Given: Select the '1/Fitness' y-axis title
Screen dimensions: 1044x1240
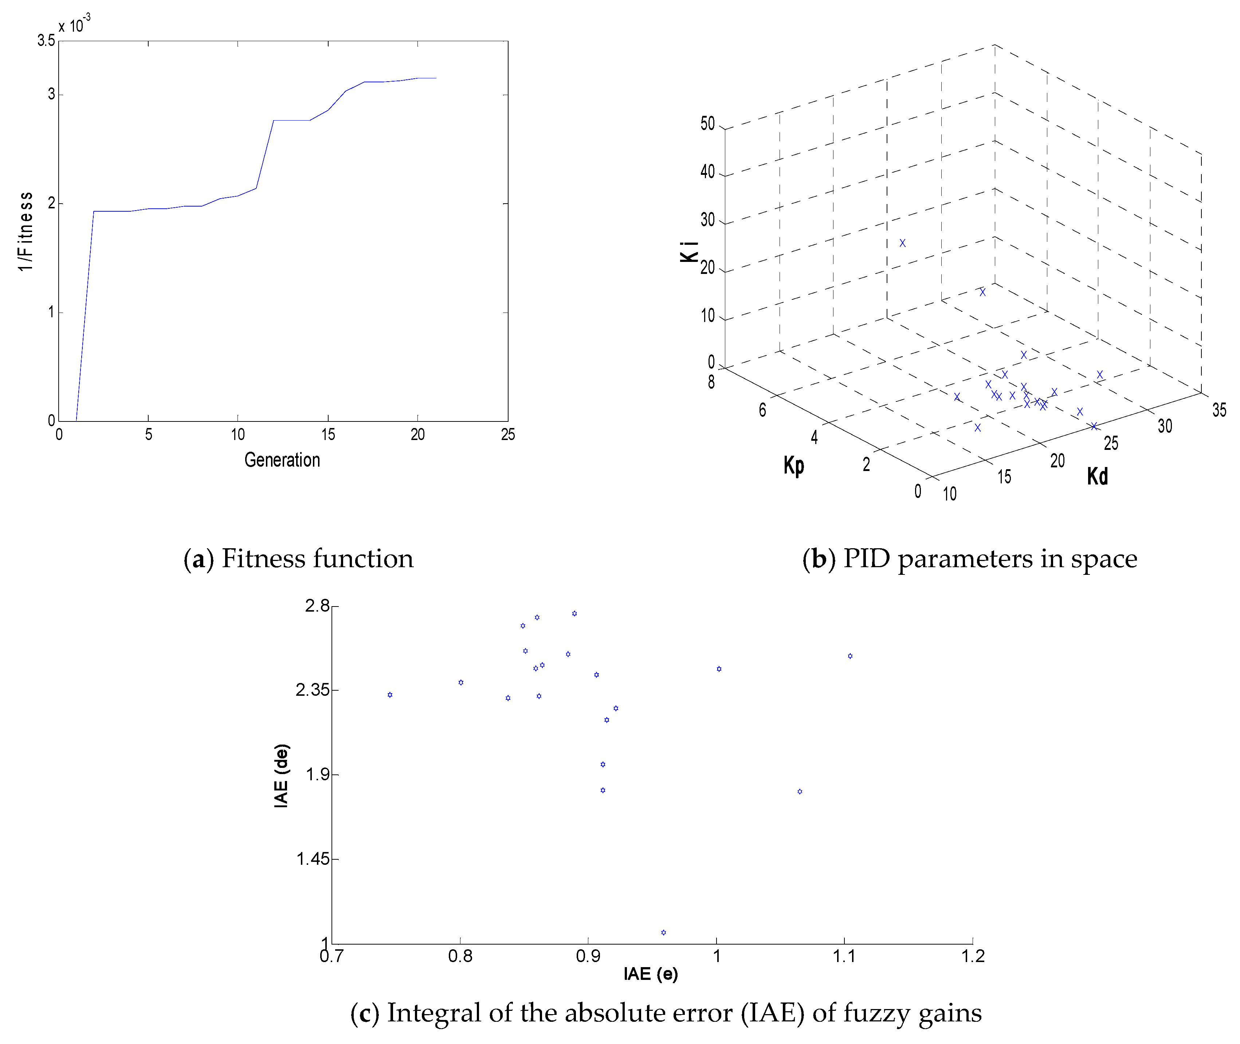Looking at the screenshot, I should click(x=25, y=231).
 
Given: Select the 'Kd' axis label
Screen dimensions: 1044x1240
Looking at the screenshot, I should click(x=1097, y=476).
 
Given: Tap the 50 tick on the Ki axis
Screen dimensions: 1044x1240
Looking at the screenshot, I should click(x=707, y=124).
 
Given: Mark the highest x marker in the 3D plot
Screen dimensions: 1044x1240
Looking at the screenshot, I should click(x=902, y=243).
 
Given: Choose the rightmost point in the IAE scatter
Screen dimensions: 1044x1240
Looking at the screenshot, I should click(x=849, y=656).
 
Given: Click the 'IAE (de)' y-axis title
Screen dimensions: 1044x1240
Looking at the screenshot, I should click(x=281, y=775).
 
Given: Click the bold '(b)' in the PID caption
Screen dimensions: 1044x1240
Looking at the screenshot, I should click(x=819, y=559).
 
